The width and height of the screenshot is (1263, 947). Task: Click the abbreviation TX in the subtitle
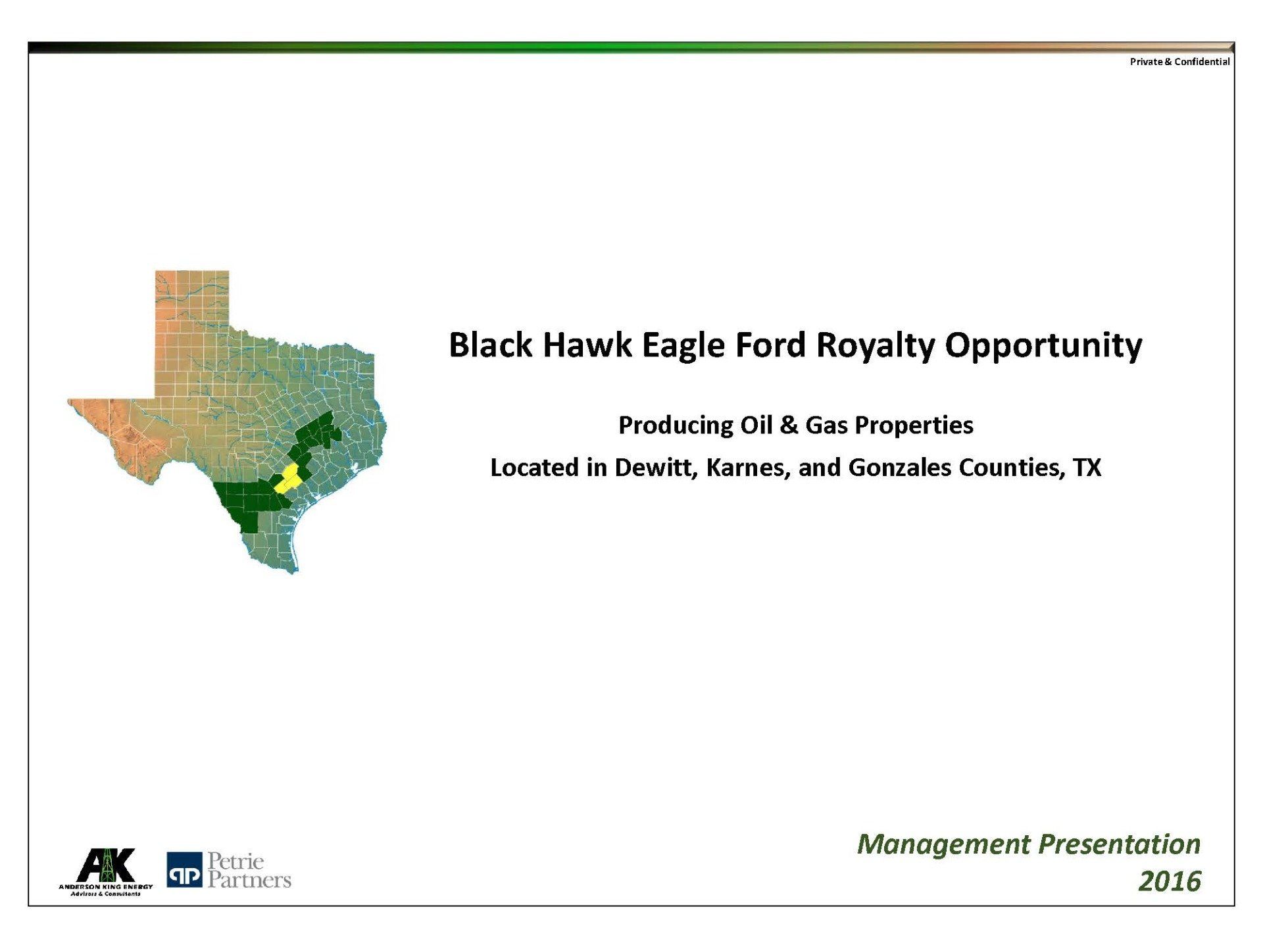click(1087, 468)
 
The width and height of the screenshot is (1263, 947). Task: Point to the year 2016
click(1170, 881)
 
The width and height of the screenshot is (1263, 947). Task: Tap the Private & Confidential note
click(1179, 62)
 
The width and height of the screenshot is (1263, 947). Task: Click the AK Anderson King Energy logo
click(106, 872)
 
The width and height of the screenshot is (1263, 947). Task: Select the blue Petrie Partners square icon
click(184, 870)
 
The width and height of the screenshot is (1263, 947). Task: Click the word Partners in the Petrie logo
click(249, 880)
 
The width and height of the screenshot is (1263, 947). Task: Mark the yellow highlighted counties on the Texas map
click(287, 479)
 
